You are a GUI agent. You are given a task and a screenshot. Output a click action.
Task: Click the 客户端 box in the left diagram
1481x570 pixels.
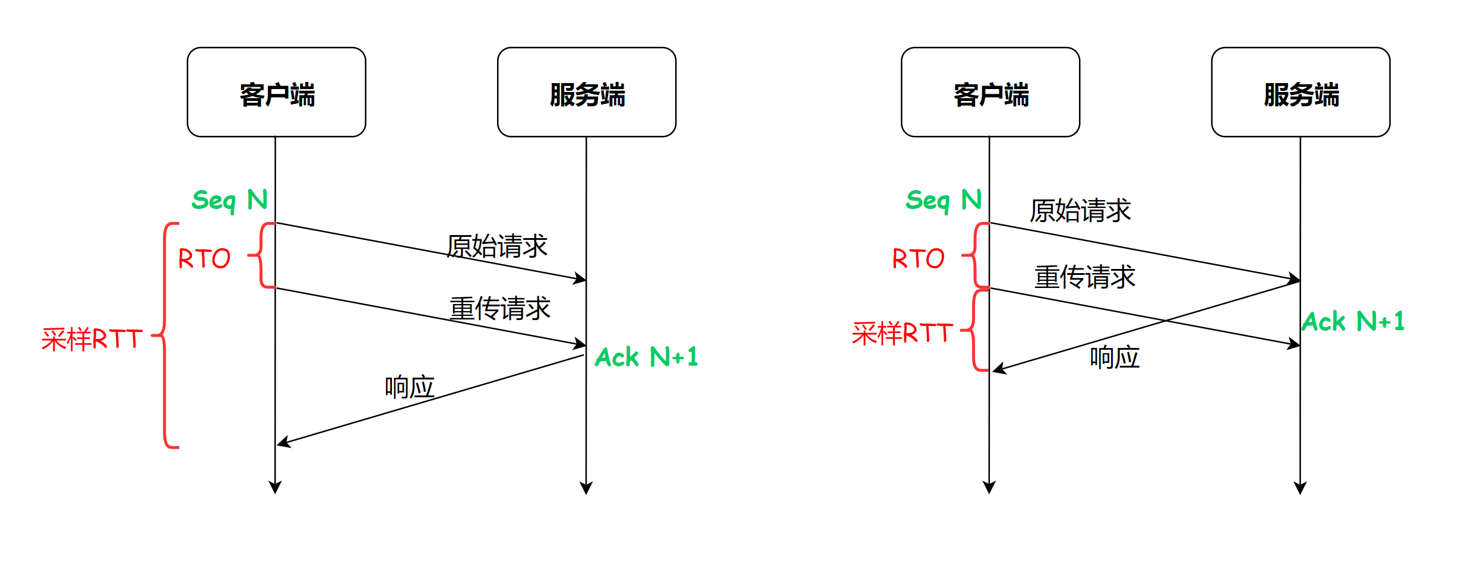(x=276, y=92)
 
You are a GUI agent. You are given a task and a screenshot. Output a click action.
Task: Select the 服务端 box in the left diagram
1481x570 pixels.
(x=586, y=92)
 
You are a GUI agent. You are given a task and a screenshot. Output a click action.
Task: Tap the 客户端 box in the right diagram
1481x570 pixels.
(x=990, y=92)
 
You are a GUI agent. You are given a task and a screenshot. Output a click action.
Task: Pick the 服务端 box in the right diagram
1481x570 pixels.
(x=1300, y=92)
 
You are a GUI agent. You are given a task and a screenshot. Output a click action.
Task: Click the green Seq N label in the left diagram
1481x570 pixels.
(x=229, y=201)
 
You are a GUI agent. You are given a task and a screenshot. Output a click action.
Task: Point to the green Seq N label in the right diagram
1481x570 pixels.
(x=943, y=201)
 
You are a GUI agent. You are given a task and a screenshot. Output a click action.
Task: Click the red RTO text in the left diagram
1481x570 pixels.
(x=204, y=259)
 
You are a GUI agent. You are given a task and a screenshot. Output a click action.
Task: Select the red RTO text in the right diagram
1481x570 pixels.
(x=918, y=259)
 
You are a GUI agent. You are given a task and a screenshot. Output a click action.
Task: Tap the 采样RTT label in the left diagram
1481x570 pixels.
(x=92, y=339)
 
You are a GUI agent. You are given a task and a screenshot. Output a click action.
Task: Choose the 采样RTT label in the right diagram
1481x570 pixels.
(x=902, y=333)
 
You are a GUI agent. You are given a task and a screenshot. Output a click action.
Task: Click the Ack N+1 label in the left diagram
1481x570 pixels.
(x=646, y=357)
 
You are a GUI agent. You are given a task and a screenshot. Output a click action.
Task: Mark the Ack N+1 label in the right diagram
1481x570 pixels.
(x=1353, y=322)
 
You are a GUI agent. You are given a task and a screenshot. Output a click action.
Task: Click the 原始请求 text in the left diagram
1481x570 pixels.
(x=497, y=246)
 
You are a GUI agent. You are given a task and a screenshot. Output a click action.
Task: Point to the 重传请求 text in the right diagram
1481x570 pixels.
(x=1084, y=277)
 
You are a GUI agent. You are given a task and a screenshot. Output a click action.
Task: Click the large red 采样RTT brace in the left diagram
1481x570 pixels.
(x=165, y=335)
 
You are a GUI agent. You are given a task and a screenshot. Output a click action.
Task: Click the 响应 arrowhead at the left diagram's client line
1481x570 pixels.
(x=283, y=442)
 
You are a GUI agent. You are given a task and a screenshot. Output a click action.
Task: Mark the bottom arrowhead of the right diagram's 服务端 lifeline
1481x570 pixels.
(x=1300, y=488)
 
